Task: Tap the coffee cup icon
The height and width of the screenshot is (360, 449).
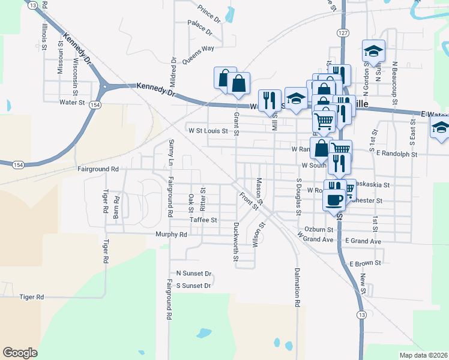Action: [334, 199]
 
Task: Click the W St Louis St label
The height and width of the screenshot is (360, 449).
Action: [208, 130]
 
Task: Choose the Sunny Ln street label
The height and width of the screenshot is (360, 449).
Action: [171, 153]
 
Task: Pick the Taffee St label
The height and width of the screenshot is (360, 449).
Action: [203, 220]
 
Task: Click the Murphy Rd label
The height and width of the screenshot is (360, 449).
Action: [171, 235]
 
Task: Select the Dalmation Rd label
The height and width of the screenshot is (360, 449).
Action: [297, 287]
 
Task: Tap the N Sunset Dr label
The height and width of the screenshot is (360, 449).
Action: [194, 274]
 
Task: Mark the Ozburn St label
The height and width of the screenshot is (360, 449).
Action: [319, 229]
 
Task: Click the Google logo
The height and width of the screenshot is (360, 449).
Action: [20, 352]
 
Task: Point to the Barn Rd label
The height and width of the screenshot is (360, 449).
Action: [117, 206]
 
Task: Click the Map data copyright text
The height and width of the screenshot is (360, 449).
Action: [423, 355]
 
